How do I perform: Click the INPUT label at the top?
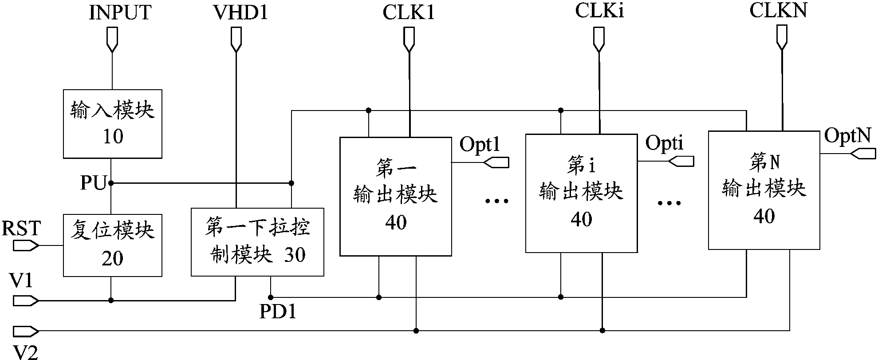[x=120, y=12]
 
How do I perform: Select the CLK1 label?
[x=409, y=12]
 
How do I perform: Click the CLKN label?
[x=778, y=11]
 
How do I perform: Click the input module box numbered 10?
[x=112, y=124]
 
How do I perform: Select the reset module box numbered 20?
[x=112, y=245]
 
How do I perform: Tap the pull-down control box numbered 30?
[x=257, y=242]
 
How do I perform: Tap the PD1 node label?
[x=278, y=313]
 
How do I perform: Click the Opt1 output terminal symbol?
[x=496, y=163]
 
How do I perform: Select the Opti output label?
[x=664, y=143]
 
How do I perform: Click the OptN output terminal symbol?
[x=863, y=154]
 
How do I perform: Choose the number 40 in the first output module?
[x=396, y=222]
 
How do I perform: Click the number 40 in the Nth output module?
[x=764, y=216]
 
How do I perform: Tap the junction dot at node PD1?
[x=271, y=297]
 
